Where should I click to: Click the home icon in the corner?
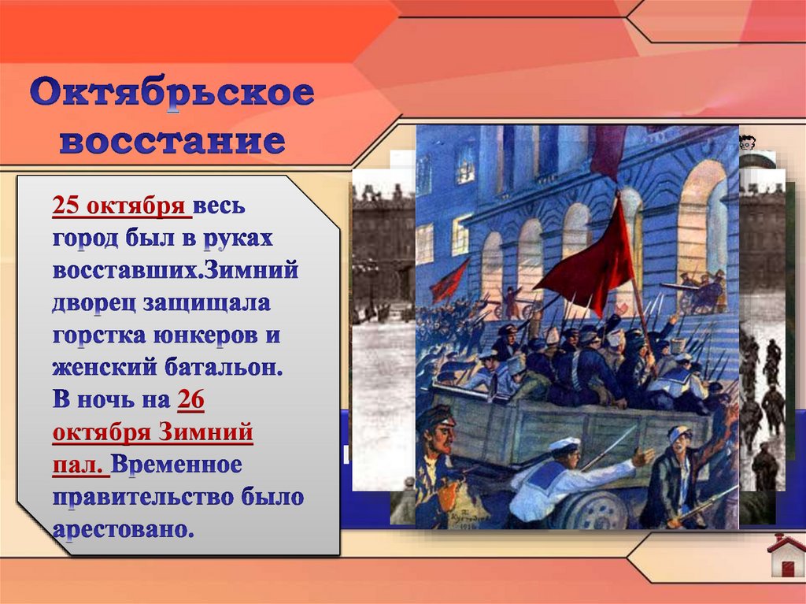point(786,555)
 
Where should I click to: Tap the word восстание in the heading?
point(172,142)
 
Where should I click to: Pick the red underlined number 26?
point(191,400)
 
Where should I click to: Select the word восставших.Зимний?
point(176,271)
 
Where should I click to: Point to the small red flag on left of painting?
point(449,280)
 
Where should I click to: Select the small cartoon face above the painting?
point(747,143)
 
